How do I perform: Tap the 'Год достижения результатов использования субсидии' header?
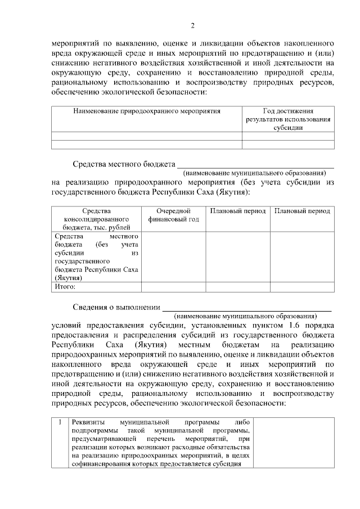point(287,119)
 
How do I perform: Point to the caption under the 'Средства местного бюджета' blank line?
point(254,174)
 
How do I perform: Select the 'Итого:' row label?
point(65,286)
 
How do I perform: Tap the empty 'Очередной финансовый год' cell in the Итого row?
point(173,286)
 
